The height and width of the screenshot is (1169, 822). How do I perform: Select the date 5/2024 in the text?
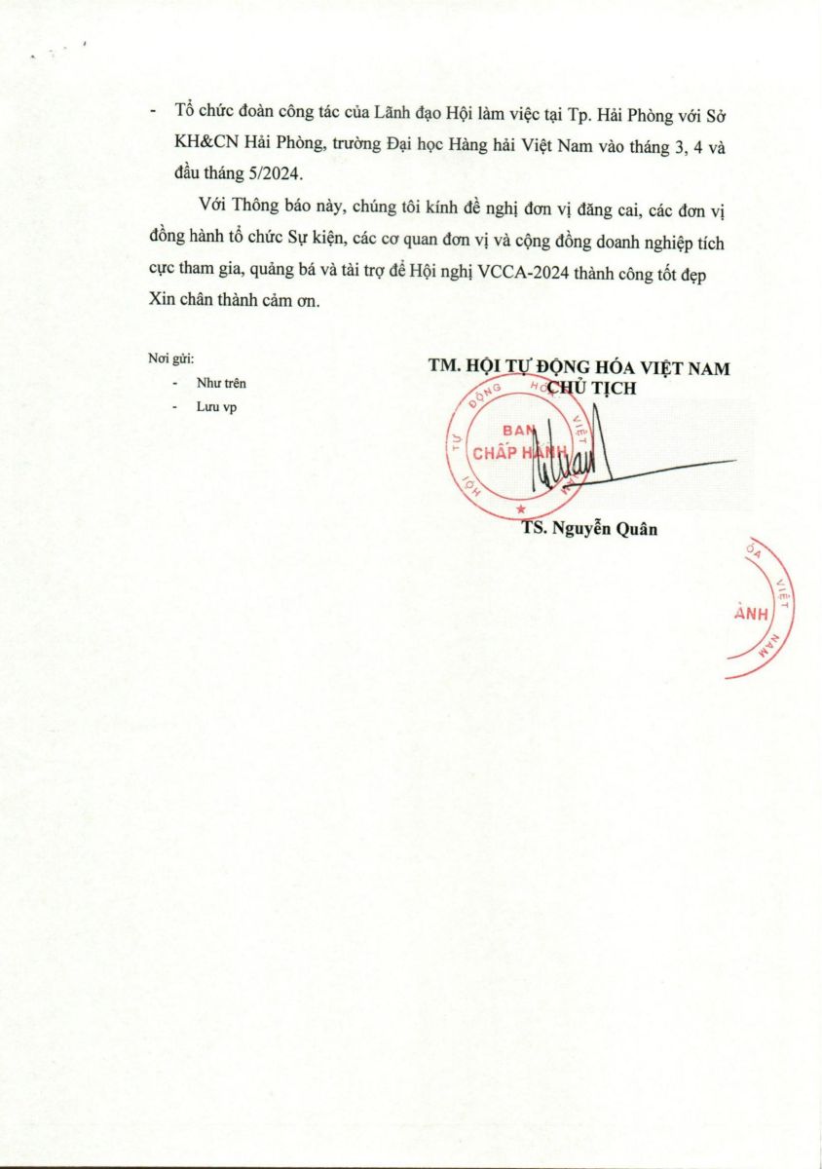(275, 174)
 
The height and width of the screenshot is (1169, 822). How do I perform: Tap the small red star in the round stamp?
(521, 509)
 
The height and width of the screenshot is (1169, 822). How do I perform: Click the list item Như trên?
(221, 384)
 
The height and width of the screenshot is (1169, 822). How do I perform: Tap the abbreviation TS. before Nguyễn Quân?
(535, 530)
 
